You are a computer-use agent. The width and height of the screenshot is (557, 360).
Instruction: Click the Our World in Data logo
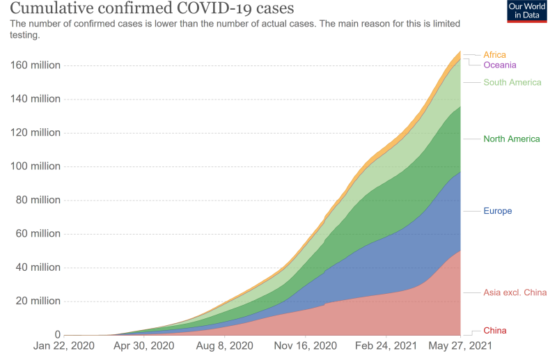coord(526,12)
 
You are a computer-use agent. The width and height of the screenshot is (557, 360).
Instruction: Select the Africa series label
coord(494,54)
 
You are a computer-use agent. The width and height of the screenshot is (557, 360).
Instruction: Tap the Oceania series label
coord(499,65)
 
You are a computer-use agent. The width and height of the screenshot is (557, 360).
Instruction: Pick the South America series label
coord(512,82)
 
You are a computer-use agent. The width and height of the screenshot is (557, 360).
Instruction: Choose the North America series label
coord(511,139)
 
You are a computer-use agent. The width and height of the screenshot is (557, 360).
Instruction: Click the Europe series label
coord(497,210)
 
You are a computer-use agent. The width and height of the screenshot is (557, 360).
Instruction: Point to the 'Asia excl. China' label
coord(515,292)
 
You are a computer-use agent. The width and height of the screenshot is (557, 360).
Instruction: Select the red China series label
coord(495,330)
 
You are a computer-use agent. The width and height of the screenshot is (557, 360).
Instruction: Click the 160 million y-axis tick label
coord(35,65)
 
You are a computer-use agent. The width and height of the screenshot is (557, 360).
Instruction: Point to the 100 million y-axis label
coord(35,166)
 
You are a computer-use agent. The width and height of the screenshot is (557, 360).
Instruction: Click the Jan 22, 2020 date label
coord(63,346)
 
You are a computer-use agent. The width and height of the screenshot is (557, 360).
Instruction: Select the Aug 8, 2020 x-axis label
coord(224,346)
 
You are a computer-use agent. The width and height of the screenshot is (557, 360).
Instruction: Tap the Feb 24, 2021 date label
coord(387,346)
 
